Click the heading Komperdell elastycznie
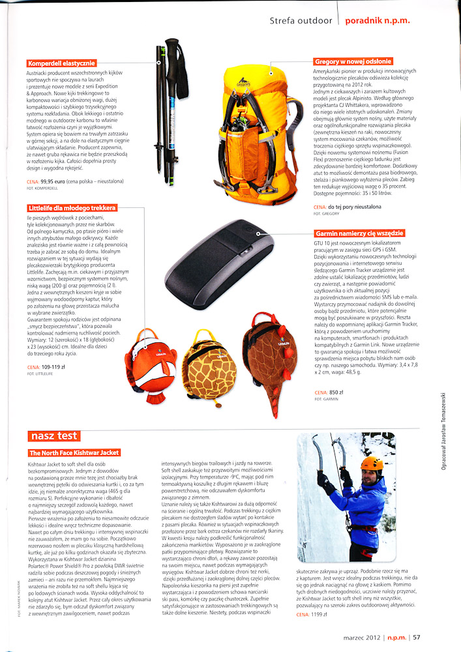tap(62, 63)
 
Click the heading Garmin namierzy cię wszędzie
tap(359, 233)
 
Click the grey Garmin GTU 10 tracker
tap(225, 261)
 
